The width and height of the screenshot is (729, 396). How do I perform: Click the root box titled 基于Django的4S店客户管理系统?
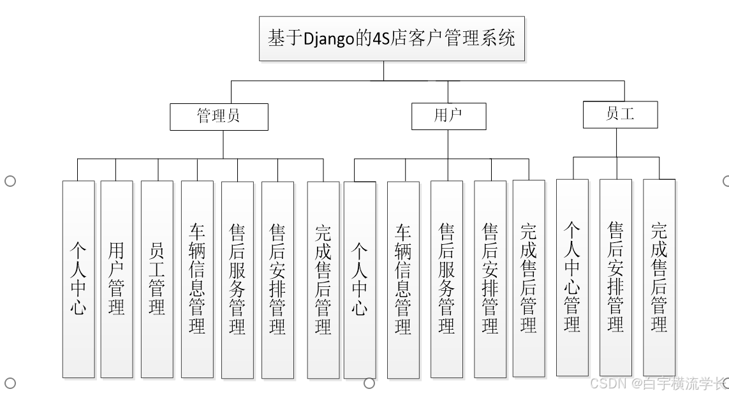(392, 39)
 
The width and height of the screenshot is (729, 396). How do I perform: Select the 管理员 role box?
(219, 117)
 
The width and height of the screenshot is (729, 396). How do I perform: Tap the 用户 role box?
(448, 116)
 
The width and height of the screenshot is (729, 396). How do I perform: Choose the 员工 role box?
(620, 115)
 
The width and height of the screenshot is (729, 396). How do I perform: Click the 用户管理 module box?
(117, 279)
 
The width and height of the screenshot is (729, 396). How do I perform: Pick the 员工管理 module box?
(157, 279)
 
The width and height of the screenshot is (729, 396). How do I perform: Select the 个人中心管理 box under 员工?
(572, 277)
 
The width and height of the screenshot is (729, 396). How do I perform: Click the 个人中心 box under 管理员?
(78, 279)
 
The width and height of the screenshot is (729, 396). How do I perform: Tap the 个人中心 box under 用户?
(359, 279)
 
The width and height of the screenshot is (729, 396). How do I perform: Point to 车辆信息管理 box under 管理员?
(197, 279)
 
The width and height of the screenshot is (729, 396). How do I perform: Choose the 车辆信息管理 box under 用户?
(403, 279)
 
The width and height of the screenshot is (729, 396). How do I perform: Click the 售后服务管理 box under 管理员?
(237, 279)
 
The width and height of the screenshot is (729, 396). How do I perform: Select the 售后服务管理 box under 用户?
(446, 279)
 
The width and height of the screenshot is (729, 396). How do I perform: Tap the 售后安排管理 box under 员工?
(615, 277)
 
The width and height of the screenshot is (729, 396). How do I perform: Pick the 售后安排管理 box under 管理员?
(277, 279)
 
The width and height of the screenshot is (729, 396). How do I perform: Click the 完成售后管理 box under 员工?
(659, 277)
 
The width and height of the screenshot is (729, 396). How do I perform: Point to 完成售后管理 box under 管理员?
(323, 279)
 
